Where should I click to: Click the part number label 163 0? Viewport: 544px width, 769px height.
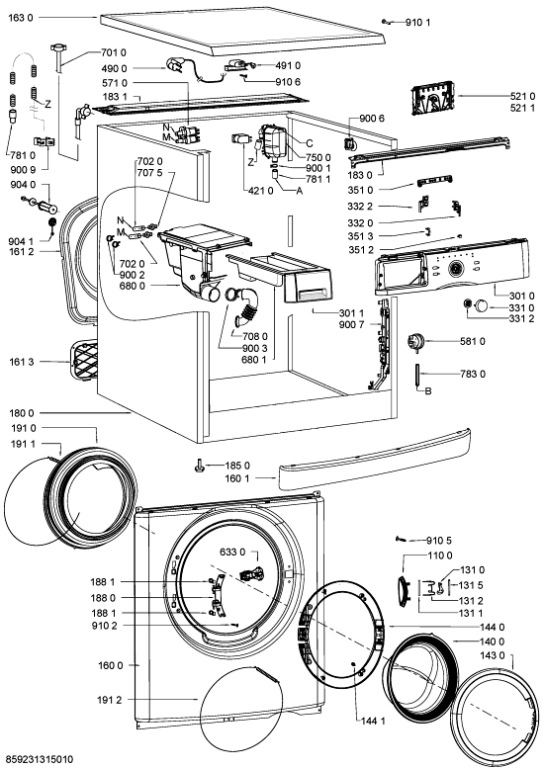(x=21, y=18)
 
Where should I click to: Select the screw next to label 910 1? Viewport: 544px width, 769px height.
(x=386, y=21)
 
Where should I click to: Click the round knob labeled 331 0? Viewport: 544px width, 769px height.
(x=481, y=306)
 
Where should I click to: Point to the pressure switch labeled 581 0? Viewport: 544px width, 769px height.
(x=415, y=341)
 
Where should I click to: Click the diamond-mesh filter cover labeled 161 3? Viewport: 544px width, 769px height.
(x=84, y=361)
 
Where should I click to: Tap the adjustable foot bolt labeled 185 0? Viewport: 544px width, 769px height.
(x=200, y=465)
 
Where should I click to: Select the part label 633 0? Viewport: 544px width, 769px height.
(x=232, y=553)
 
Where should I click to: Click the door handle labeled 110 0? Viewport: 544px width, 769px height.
(x=404, y=586)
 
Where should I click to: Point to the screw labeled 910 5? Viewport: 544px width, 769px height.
(x=402, y=539)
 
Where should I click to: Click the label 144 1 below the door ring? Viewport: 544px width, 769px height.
(x=373, y=721)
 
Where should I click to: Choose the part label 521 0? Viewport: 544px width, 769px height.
(x=522, y=96)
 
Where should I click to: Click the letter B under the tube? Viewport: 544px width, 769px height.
(x=427, y=391)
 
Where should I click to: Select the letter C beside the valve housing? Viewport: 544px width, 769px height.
(x=310, y=143)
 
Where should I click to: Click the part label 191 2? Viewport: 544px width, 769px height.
(x=110, y=700)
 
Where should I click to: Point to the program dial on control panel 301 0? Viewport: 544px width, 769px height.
(x=456, y=268)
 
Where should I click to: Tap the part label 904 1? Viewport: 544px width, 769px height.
(x=21, y=241)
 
